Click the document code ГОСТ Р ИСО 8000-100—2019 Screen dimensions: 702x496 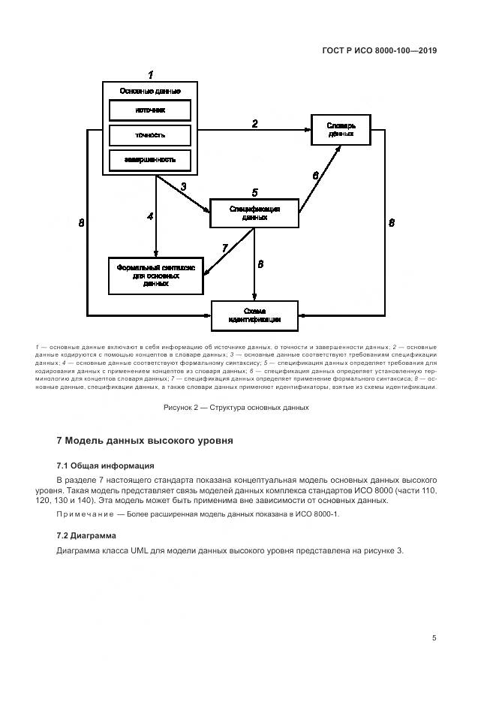pyautogui.click(x=379, y=51)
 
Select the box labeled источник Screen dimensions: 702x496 pyautogui.click(x=150, y=110)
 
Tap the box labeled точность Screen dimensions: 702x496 pyautogui.click(x=150, y=135)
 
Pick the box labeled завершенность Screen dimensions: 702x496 pyautogui.click(x=150, y=160)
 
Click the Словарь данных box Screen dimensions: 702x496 pyautogui.click(x=341, y=129)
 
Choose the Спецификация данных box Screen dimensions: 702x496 pyautogui.click(x=254, y=213)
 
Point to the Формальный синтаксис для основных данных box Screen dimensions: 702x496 pyautogui.click(x=155, y=275)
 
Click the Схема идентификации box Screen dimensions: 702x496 pyautogui.click(x=254, y=315)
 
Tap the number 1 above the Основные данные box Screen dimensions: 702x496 pyautogui.click(x=150, y=75)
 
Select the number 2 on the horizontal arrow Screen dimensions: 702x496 pyautogui.click(x=255, y=124)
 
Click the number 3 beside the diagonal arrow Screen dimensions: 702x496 pyautogui.click(x=183, y=186)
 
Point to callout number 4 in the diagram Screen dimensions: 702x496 pyautogui.click(x=150, y=216)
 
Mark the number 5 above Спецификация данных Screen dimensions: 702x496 pyautogui.click(x=254, y=192)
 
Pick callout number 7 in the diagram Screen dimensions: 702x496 pyautogui.click(x=224, y=248)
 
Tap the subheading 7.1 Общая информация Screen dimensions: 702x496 pyautogui.click(x=105, y=465)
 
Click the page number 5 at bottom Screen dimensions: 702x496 pyautogui.click(x=434, y=637)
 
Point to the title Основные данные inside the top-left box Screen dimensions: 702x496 pyautogui.click(x=150, y=92)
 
